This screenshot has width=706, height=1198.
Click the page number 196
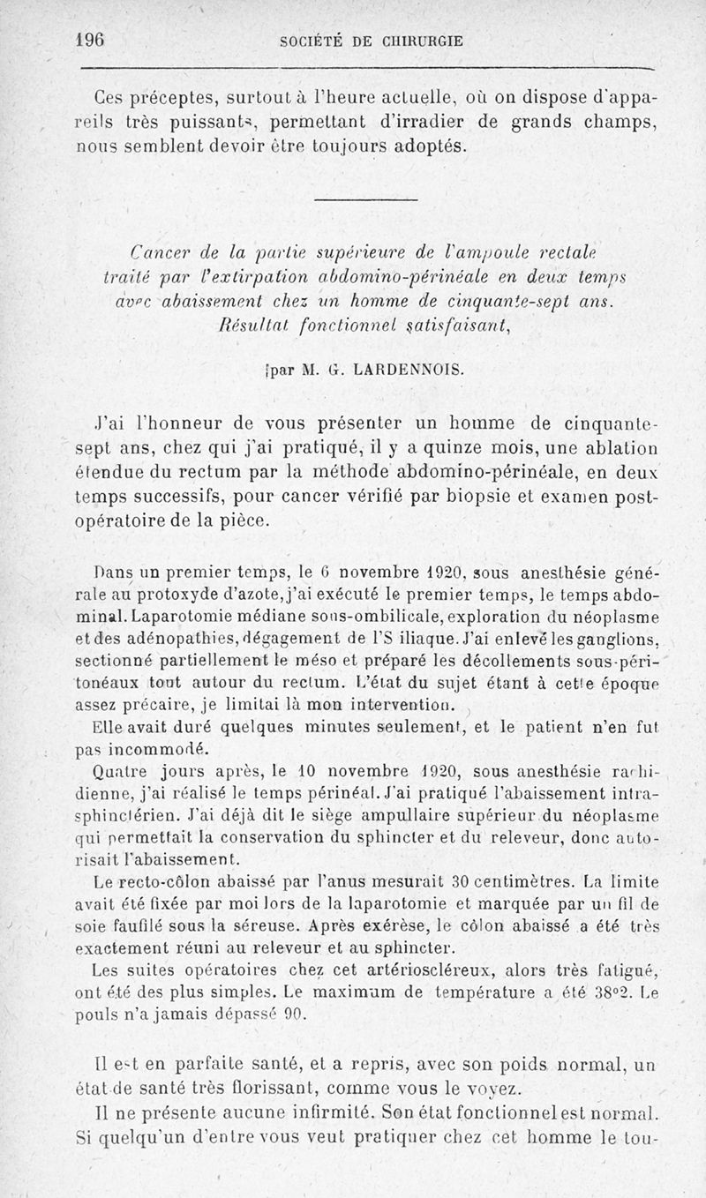tap(90, 40)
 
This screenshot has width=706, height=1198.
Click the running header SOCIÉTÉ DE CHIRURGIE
tap(370, 41)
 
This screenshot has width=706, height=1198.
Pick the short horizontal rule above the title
tap(365, 201)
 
